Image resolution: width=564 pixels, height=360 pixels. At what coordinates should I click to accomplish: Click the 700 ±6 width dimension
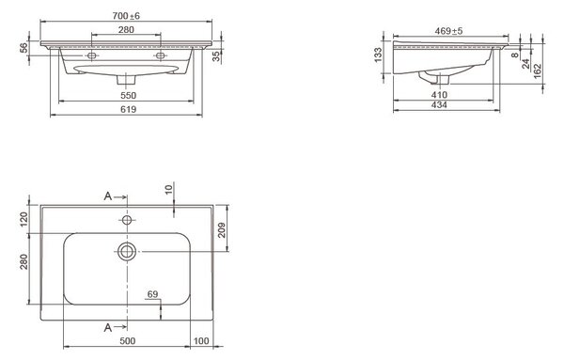tap(126, 16)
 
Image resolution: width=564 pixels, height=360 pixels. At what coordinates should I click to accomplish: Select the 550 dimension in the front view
tap(129, 95)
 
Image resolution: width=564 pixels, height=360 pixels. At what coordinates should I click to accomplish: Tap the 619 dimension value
tap(129, 109)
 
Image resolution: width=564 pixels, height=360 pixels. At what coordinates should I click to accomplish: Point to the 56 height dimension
tap(23, 48)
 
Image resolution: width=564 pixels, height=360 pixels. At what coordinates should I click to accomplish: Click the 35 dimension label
tap(216, 56)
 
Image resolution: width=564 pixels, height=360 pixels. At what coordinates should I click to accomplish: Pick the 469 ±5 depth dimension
tap(448, 31)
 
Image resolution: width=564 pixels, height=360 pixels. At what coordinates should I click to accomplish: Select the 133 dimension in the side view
tap(379, 55)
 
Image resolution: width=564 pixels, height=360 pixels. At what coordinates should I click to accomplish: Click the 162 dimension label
tap(538, 71)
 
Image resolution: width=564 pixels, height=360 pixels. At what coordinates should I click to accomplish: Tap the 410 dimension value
tap(439, 95)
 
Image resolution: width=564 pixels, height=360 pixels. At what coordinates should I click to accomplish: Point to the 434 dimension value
tap(439, 105)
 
